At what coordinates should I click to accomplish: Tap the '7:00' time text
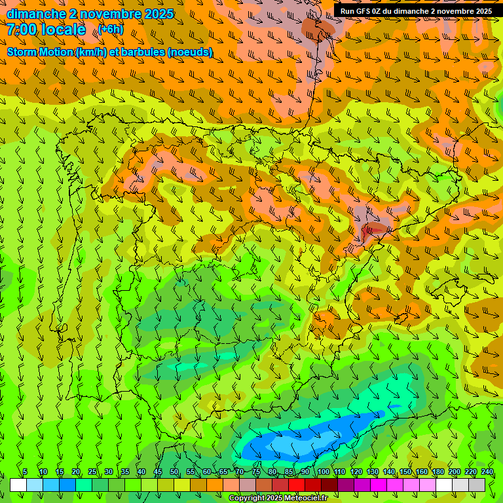coord(20,29)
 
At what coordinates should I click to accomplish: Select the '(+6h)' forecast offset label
coord(111,29)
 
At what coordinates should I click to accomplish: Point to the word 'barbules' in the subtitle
coord(143,52)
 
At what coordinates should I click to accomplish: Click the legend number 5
coord(25,472)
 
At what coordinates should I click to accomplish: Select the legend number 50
coord(174,472)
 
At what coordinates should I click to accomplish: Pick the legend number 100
coord(323,472)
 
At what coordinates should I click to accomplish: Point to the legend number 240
coord(487,472)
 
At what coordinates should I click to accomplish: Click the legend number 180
coord(438,472)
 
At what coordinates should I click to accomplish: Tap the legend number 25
coord(92,472)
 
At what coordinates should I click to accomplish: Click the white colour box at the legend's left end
coord(18,485)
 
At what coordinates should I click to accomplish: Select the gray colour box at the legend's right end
coord(477,485)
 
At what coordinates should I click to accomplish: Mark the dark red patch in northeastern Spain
coord(375,229)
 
